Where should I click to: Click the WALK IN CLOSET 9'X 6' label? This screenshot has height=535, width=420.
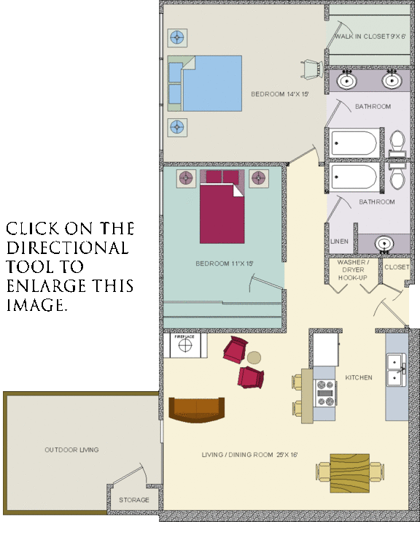[369, 36]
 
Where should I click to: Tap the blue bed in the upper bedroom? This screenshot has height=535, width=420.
[211, 83]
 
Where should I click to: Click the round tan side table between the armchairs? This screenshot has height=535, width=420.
[254, 358]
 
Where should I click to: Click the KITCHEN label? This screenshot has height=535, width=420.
[359, 377]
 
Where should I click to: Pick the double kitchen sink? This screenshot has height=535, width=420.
[397, 369]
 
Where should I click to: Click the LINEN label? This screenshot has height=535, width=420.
[340, 241]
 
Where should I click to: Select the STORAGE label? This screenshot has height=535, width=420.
[134, 500]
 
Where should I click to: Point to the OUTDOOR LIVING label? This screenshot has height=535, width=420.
[71, 450]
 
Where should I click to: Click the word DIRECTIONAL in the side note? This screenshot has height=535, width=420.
[68, 248]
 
